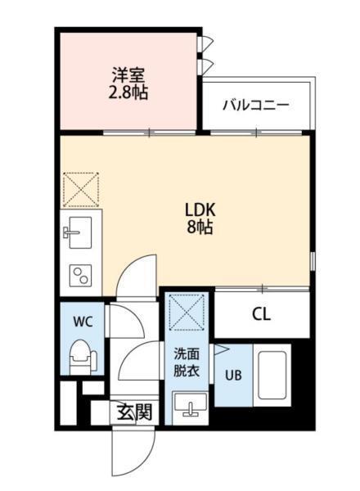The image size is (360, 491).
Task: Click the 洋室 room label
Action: [x=130, y=74]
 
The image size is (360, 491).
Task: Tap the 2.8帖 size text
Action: [x=130, y=92]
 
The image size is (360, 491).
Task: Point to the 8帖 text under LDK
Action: [x=199, y=228]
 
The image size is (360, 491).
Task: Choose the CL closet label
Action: [x=261, y=313]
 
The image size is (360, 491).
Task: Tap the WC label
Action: [x=83, y=322]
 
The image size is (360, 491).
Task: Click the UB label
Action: [x=233, y=377]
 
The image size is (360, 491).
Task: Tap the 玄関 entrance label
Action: [x=133, y=412]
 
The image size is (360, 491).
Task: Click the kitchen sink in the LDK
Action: [x=79, y=231]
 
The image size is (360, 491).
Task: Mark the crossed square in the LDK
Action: [x=80, y=189]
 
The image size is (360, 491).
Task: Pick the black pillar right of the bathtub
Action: [x=302, y=385]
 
